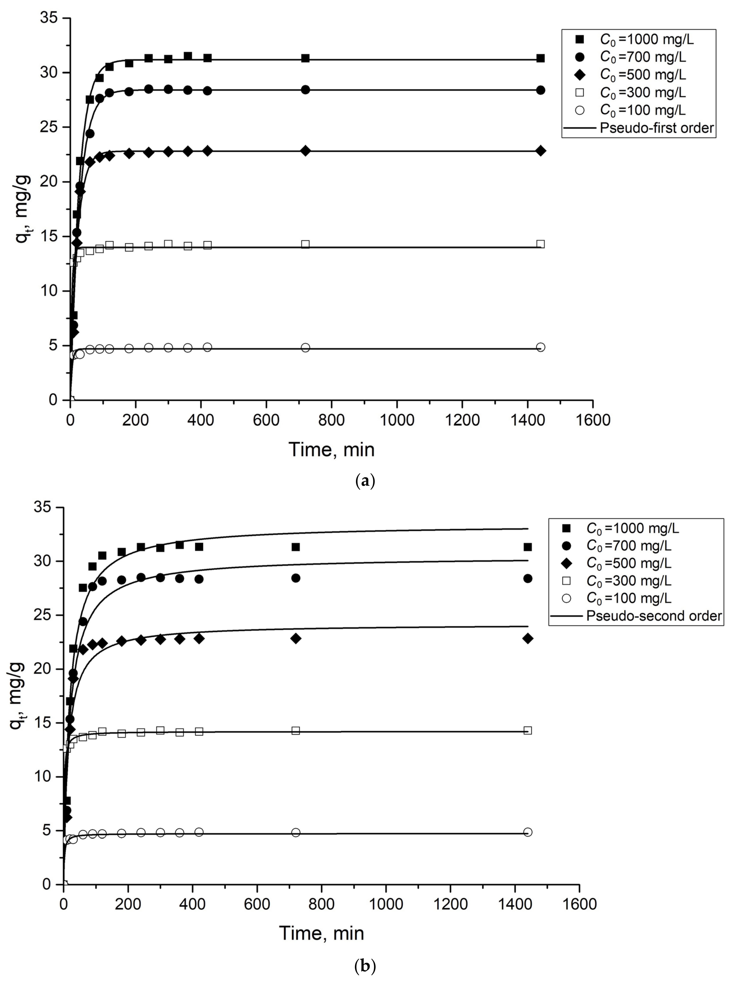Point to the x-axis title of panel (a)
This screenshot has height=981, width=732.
tap(331, 449)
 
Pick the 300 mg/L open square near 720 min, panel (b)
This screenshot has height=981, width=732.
tap(296, 730)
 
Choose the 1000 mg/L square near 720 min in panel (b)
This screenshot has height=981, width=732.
tap(296, 547)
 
